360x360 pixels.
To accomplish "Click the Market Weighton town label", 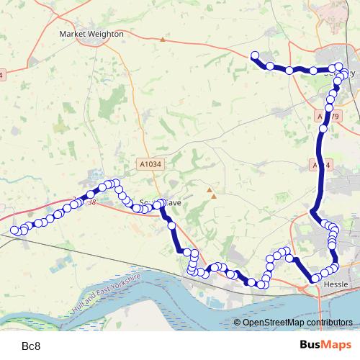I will point(91,34).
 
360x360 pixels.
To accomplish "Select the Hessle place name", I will point(336,285).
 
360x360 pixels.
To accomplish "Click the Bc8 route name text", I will point(32,346).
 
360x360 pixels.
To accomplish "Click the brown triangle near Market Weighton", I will point(163,39).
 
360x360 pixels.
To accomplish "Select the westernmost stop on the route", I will point(14,230).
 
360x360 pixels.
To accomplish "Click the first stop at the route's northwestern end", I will point(254,55).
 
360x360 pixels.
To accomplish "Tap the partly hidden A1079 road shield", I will point(328,116).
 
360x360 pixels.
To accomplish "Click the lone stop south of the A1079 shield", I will point(324,130).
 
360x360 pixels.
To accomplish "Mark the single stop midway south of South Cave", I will point(171,226).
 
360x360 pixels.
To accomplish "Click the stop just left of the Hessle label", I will point(315,278).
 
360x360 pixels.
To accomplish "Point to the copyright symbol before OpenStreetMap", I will point(237,323).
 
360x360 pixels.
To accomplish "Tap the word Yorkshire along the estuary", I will point(124,282).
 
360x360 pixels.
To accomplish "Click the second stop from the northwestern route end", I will point(270,66).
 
